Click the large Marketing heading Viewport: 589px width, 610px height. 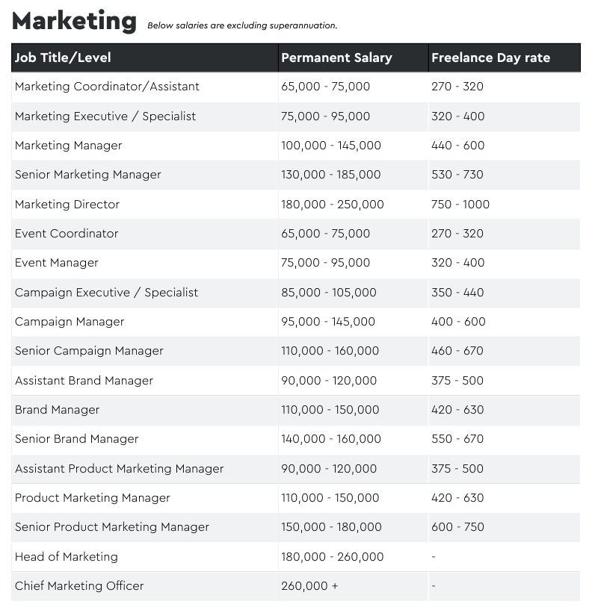click(75, 21)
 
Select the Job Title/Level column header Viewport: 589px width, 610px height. click(63, 57)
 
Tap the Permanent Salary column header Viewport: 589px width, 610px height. click(336, 57)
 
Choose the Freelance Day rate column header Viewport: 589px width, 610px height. click(491, 57)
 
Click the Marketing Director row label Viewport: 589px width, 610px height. click(67, 205)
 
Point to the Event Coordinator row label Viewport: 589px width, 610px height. click(67, 234)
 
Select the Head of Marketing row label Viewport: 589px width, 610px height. click(67, 557)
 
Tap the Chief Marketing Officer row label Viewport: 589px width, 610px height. click(79, 586)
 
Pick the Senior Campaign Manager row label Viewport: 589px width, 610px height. click(89, 351)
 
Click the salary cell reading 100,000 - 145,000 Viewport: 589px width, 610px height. click(331, 146)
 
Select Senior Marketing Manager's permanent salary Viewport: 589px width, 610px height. click(331, 175)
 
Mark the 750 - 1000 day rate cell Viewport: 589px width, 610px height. click(460, 205)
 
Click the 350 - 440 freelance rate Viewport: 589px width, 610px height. click(457, 293)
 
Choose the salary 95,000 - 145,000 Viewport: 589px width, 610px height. click(328, 322)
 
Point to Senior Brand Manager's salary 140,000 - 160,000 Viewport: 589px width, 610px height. click(331, 439)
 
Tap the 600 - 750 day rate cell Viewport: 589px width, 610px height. click(457, 527)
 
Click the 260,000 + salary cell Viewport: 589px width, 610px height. click(309, 586)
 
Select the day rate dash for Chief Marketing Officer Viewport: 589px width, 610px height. click(434, 586)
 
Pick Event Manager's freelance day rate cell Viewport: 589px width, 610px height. click(458, 263)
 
